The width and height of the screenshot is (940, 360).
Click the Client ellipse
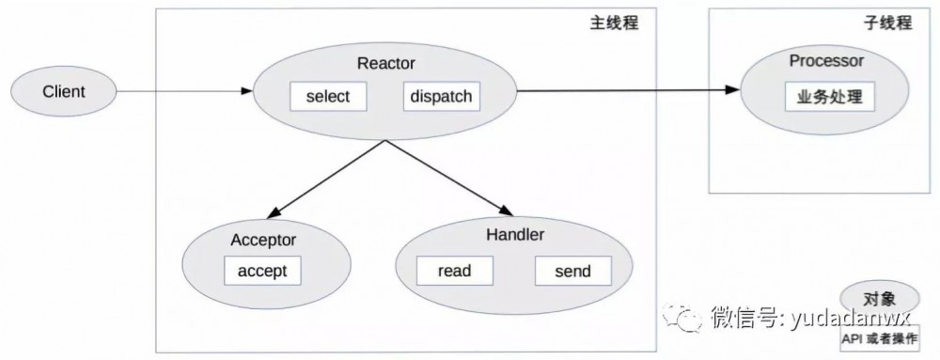[x=64, y=92]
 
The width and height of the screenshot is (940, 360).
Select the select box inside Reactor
[x=327, y=97]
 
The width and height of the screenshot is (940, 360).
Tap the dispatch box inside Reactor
[x=441, y=97]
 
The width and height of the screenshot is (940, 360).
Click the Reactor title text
[x=385, y=64]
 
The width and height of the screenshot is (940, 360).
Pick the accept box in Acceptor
[x=262, y=271]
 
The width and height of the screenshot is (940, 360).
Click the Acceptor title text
[x=263, y=240]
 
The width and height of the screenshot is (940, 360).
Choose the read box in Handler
[x=454, y=272]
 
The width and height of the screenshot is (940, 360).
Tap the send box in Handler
[x=572, y=272]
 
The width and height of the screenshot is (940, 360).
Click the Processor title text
[x=826, y=61]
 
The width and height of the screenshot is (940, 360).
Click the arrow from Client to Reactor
[x=183, y=91]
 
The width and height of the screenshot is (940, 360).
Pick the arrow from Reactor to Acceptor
[x=324, y=178]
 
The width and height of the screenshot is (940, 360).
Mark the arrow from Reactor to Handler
[x=447, y=178]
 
